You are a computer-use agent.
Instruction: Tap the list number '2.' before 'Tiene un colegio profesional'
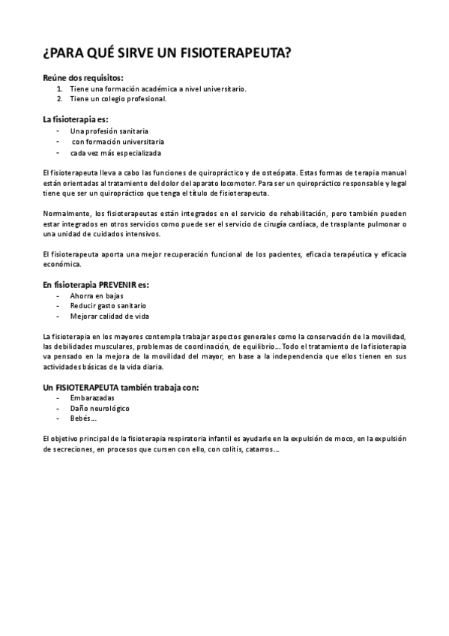point(60,98)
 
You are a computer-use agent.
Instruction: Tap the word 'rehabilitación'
point(281,214)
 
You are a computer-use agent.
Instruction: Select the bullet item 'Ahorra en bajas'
point(97,296)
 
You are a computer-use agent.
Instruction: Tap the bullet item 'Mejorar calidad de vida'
point(109,316)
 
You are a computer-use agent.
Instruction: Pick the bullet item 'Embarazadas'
point(92,397)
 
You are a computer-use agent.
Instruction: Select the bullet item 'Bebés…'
point(83,418)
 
